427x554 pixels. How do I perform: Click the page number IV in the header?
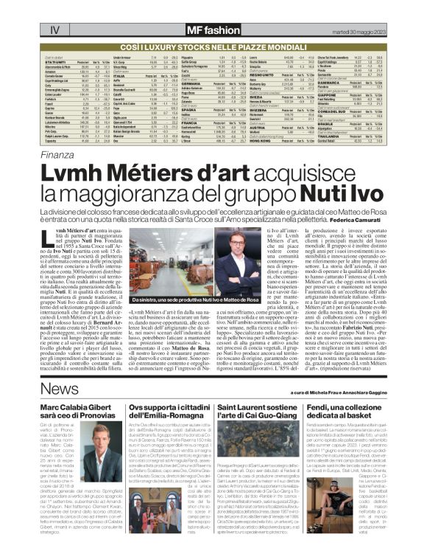tap(54, 31)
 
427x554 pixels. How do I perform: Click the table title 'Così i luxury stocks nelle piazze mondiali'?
tap(213, 45)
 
